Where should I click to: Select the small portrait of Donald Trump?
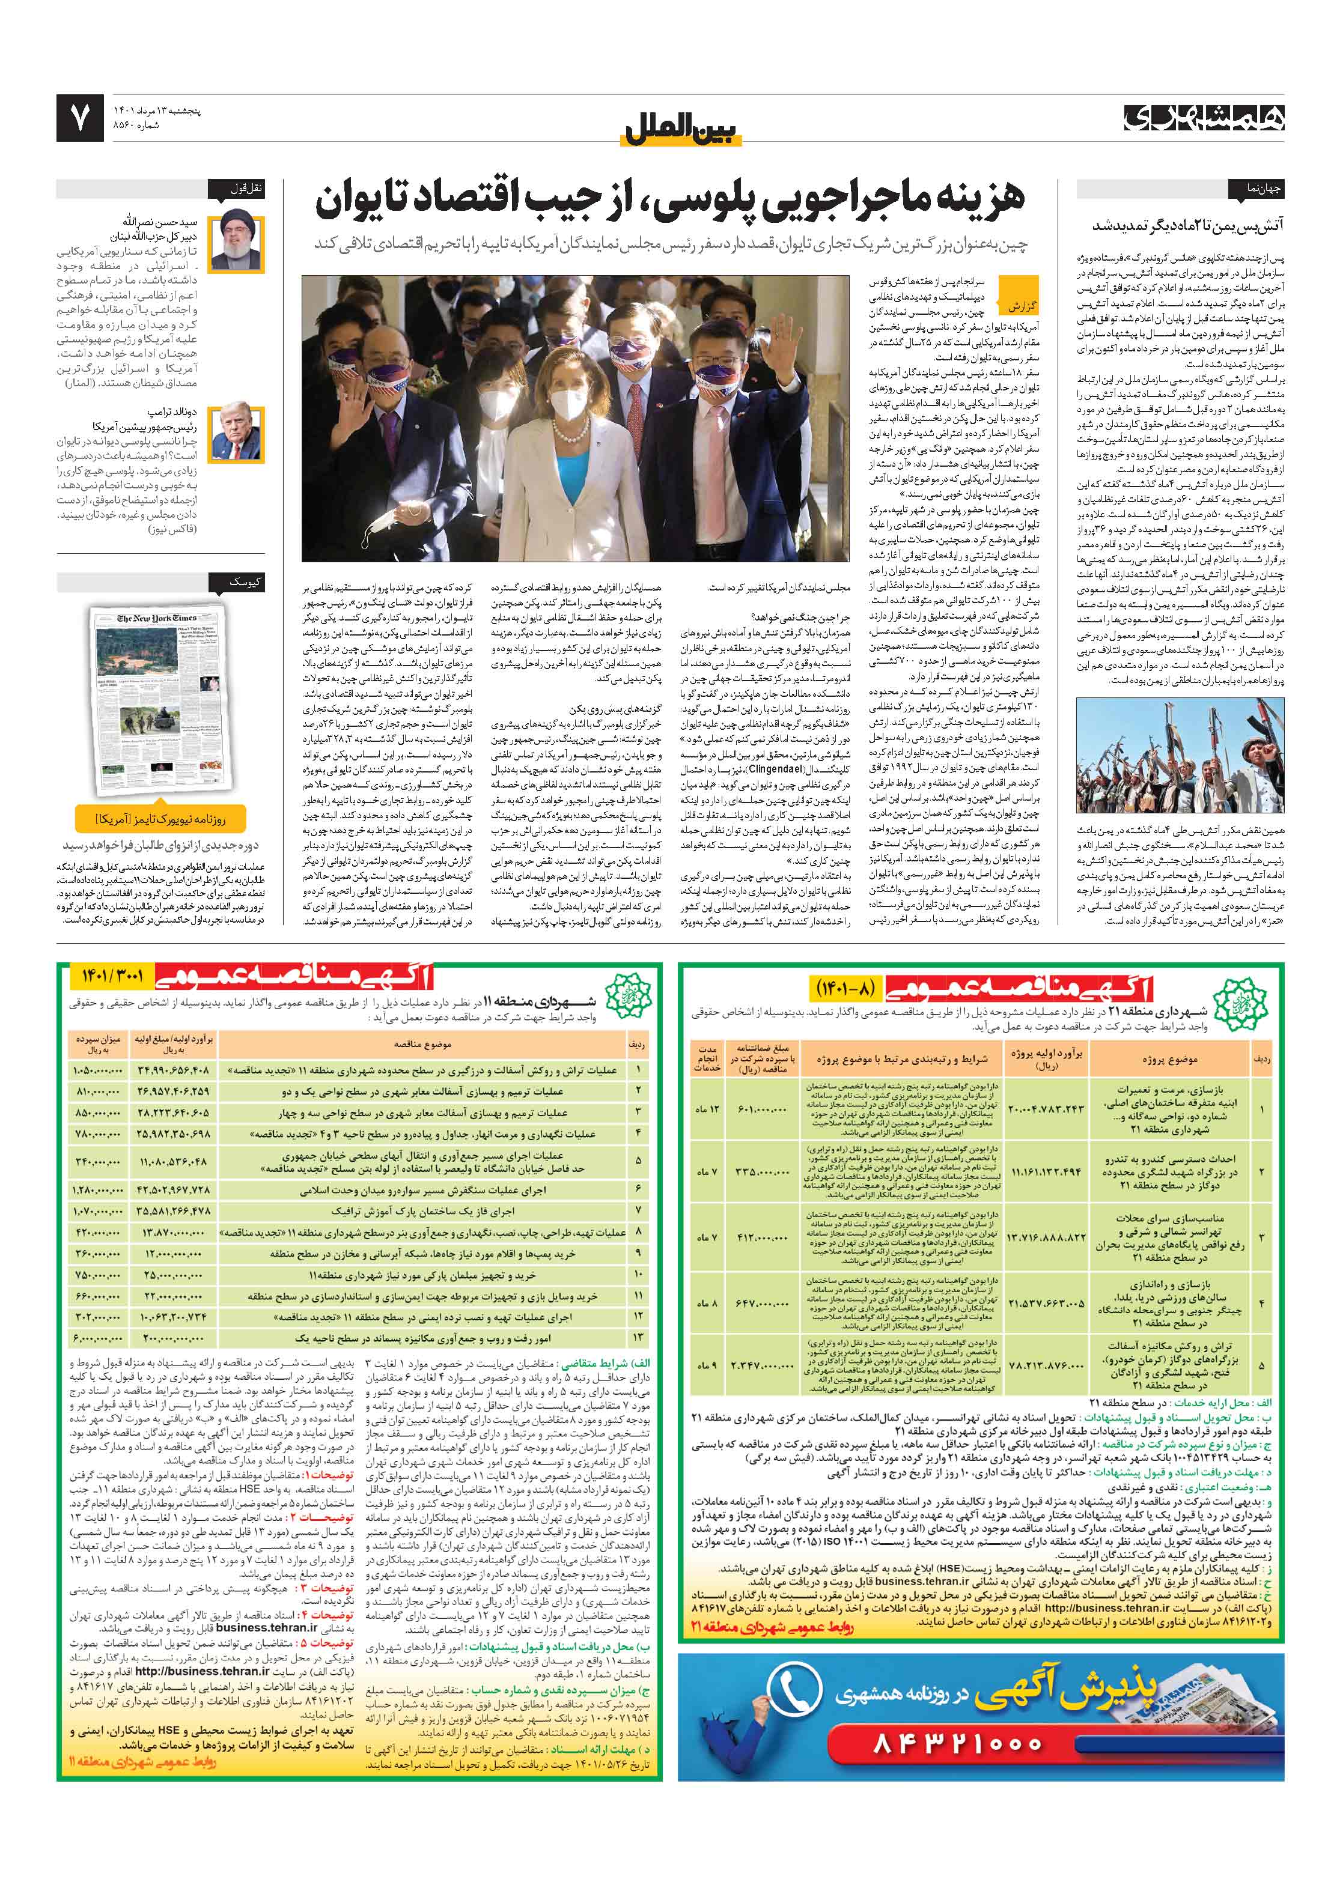pos(237,433)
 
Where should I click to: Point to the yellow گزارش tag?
pos(1021,306)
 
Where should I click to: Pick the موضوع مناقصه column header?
pos(423,1045)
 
